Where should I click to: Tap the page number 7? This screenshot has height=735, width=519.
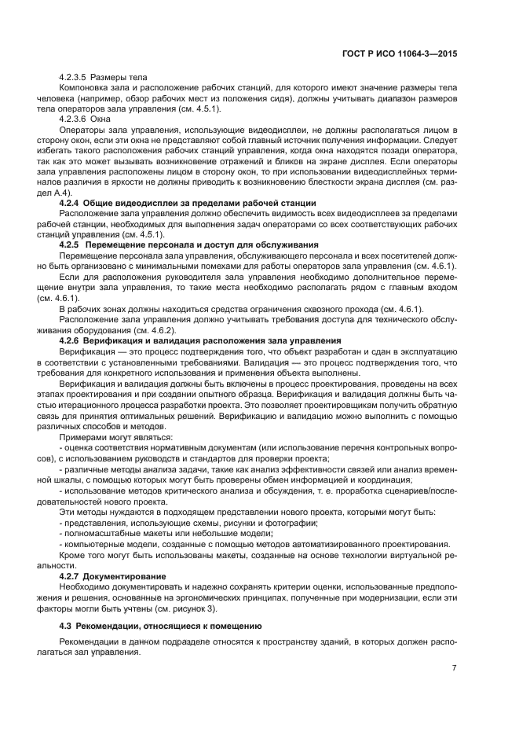454,667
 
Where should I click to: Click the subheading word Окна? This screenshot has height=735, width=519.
103,118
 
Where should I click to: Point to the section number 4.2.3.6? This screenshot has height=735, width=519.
73,118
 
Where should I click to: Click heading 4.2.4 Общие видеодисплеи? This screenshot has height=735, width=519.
188,202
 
